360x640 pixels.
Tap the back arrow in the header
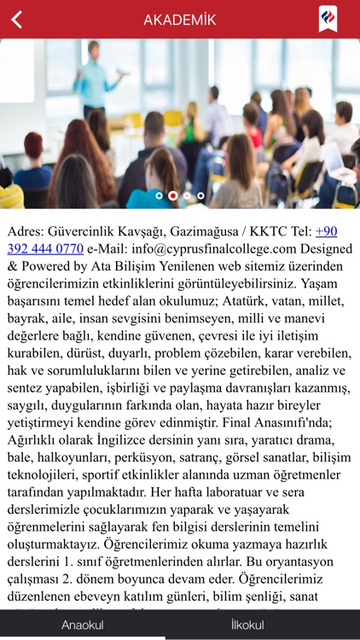(17, 20)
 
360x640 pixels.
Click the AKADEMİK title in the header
(179, 20)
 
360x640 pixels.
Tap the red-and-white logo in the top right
(328, 19)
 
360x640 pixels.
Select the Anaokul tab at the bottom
(82, 625)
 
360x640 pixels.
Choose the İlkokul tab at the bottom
(247, 625)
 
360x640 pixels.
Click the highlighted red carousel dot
(173, 195)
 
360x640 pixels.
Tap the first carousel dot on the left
(159, 195)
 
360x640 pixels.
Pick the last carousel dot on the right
(200, 195)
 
